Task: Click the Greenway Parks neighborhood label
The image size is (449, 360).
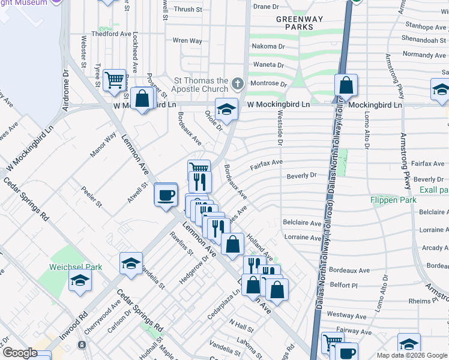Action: tap(295, 23)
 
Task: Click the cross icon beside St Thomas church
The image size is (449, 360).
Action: tap(238, 82)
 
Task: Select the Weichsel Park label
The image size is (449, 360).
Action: tap(76, 267)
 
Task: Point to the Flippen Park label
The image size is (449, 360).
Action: tap(393, 200)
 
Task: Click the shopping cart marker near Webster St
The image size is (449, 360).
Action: tap(114, 79)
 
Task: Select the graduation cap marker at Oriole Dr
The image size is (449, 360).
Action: tap(226, 109)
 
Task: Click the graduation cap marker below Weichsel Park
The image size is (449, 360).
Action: tap(80, 281)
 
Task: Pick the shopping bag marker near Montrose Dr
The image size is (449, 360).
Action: tap(346, 86)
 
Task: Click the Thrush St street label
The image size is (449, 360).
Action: tap(188, 10)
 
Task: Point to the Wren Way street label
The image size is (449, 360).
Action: tap(187, 41)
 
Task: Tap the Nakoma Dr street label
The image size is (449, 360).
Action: tap(268, 46)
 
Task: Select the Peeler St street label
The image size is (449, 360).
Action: tap(91, 196)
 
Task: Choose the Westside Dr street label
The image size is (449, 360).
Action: tap(280, 127)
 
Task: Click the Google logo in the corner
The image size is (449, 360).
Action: tap(20, 353)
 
